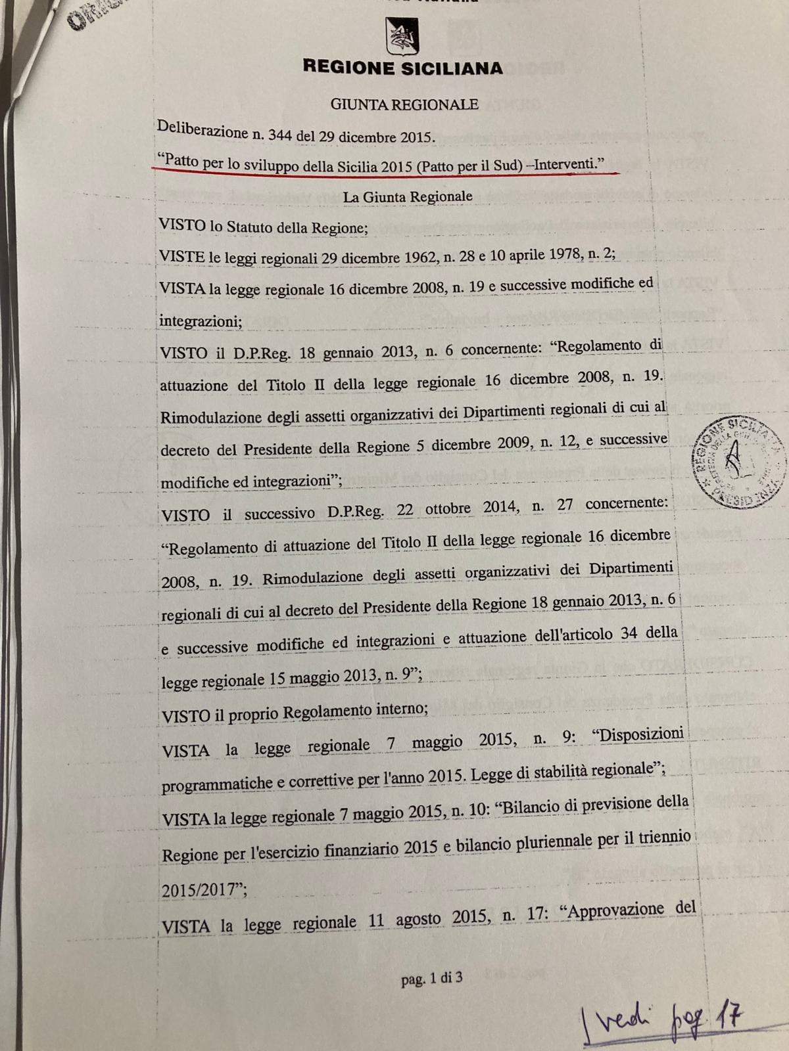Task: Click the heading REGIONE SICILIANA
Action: click(x=402, y=68)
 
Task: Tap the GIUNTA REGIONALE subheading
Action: click(x=404, y=104)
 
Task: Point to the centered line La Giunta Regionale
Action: click(x=407, y=196)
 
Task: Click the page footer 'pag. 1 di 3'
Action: click(x=431, y=978)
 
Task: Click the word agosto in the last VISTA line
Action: click(x=421, y=919)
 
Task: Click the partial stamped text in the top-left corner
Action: click(x=85, y=16)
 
